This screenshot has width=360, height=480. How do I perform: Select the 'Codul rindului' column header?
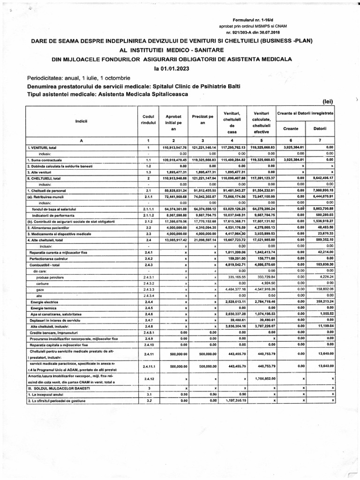click(148, 120)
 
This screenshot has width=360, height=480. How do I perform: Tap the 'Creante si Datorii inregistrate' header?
click(305, 113)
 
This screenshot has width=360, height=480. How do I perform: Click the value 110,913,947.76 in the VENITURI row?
click(174, 148)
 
